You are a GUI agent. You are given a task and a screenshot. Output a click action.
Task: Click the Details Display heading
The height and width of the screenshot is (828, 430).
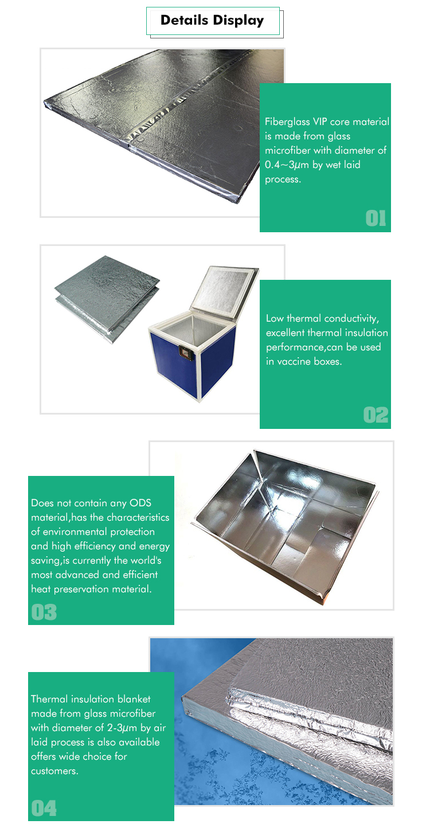(x=212, y=21)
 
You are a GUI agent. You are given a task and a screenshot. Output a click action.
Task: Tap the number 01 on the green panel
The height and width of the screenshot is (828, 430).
(x=376, y=218)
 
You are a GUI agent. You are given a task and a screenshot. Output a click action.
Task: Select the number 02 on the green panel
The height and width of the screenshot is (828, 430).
(x=376, y=415)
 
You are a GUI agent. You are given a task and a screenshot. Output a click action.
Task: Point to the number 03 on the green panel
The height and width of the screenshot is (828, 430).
(x=44, y=612)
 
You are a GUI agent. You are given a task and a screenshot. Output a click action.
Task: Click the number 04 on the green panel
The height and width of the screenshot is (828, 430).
(x=44, y=808)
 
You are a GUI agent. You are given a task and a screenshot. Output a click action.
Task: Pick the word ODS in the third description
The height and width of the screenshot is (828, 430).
(x=139, y=503)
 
